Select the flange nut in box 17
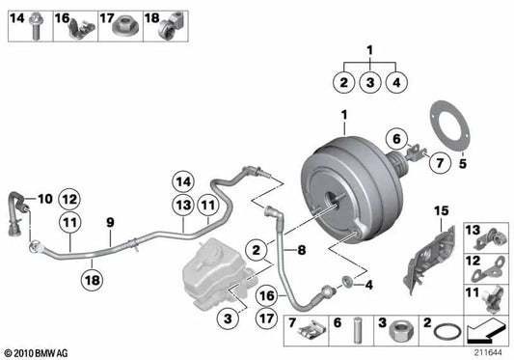pos(131,27)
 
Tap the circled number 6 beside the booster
pos(394,140)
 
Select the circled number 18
pos(92,279)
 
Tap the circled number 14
pos(183,180)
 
